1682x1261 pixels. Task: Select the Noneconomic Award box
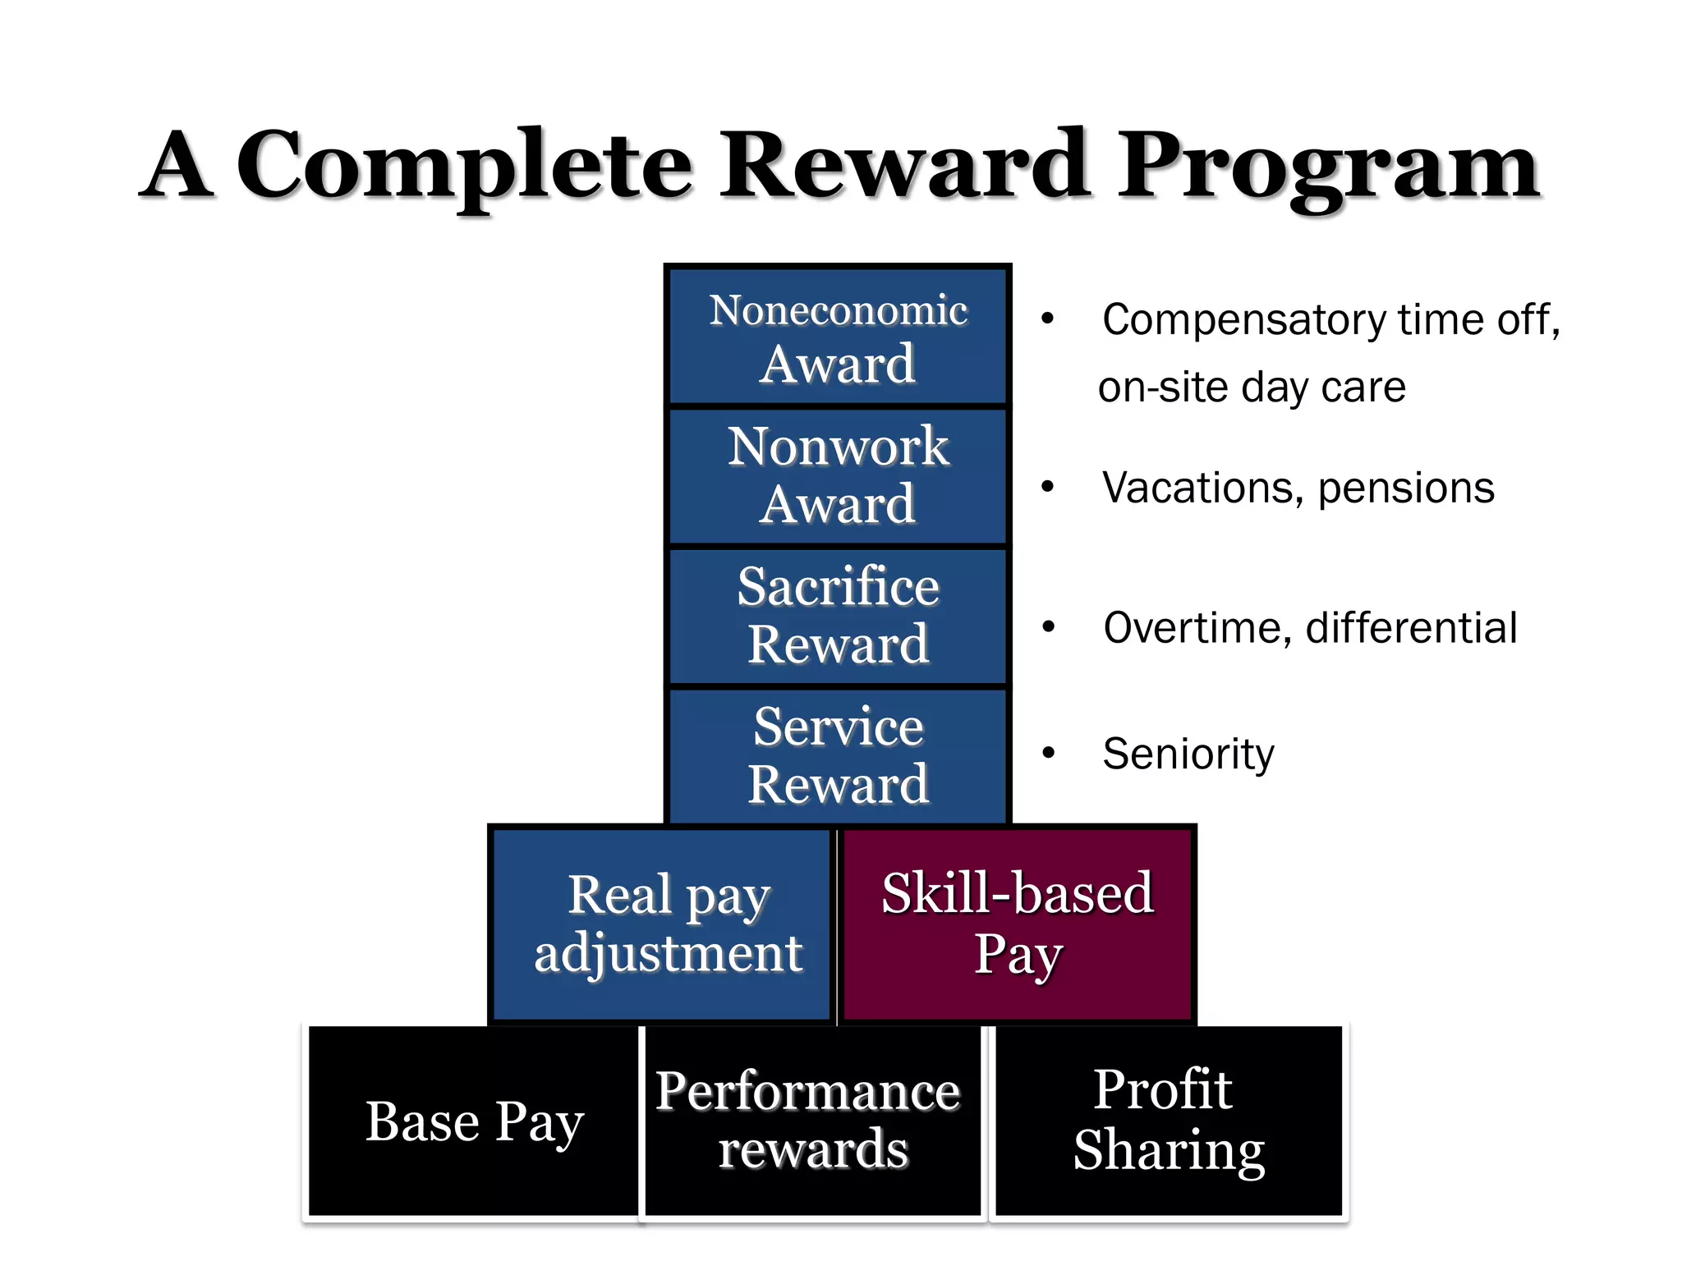point(838,337)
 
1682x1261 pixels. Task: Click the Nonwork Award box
point(838,475)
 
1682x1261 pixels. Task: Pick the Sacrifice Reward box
point(838,616)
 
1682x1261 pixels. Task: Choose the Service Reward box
point(838,755)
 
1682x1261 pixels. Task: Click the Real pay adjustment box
point(662,924)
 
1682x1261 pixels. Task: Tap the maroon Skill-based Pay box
point(1018,924)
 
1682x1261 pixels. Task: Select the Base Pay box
point(474,1121)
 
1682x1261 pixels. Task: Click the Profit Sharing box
point(1169,1121)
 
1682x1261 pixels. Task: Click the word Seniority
point(1188,754)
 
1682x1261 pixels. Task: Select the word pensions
point(1406,489)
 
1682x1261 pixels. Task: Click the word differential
point(1411,629)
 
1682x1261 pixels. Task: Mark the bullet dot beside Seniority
point(1048,753)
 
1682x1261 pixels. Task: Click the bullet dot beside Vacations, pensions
point(1047,487)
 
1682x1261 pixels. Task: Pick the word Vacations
point(1202,488)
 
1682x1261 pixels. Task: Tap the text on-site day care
point(1252,387)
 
